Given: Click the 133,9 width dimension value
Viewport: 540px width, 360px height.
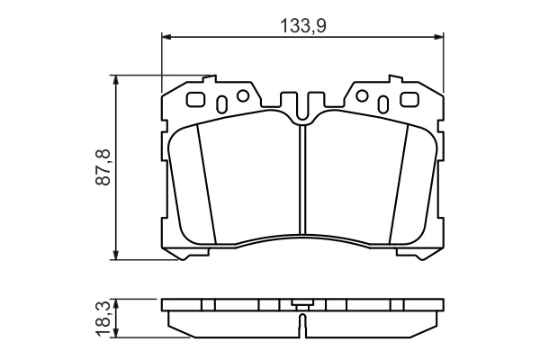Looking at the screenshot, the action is click(x=303, y=25).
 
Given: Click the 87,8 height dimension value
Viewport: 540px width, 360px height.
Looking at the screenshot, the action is click(x=103, y=167).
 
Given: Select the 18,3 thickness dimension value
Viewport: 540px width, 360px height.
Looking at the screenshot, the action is click(x=103, y=319).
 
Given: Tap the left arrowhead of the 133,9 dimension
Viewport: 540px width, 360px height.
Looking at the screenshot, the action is click(x=166, y=37).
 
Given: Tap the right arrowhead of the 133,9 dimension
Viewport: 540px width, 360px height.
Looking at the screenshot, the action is click(x=439, y=37).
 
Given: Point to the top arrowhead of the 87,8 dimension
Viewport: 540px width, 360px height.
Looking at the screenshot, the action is click(x=116, y=79).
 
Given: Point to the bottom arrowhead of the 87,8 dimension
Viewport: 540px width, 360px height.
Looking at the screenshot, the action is click(x=116, y=255).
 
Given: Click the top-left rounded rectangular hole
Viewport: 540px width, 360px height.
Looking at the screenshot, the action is click(x=196, y=100).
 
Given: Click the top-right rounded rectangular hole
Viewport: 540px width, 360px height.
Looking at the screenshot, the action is click(x=409, y=100).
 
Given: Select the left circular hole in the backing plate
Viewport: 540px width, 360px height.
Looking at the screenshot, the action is click(x=243, y=95).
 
